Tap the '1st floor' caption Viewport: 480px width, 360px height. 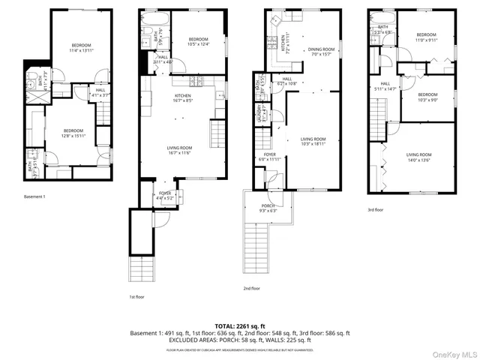137,296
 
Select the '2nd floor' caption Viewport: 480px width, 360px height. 251,288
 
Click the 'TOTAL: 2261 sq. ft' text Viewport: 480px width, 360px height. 239,326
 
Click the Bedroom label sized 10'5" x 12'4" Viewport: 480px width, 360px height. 198,41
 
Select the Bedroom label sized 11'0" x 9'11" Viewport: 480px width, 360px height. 426,37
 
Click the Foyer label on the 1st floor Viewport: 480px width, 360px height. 165,196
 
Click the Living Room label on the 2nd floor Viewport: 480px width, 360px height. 312,141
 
